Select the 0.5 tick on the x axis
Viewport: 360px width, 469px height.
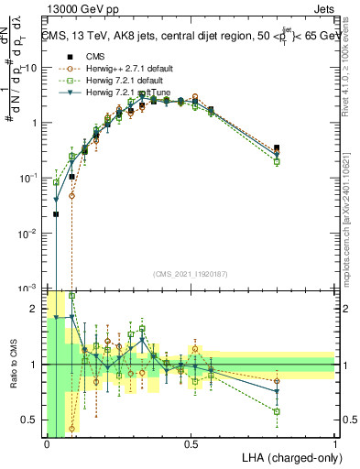[x=191, y=443]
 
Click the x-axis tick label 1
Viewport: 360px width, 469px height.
[x=335, y=443]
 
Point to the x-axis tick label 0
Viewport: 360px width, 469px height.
[x=47, y=443]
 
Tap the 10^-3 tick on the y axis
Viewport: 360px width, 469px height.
[x=28, y=289]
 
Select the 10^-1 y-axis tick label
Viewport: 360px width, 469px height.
[x=28, y=178]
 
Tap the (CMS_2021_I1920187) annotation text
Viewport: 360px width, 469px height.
[x=190, y=273]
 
